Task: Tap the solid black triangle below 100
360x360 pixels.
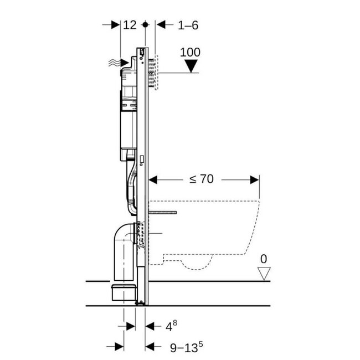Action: click(x=191, y=66)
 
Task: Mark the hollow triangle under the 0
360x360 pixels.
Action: click(x=264, y=272)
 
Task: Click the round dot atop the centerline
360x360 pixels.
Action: click(x=146, y=25)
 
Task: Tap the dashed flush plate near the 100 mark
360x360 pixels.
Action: click(x=156, y=72)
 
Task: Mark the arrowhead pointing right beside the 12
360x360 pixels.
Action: click(x=116, y=25)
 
